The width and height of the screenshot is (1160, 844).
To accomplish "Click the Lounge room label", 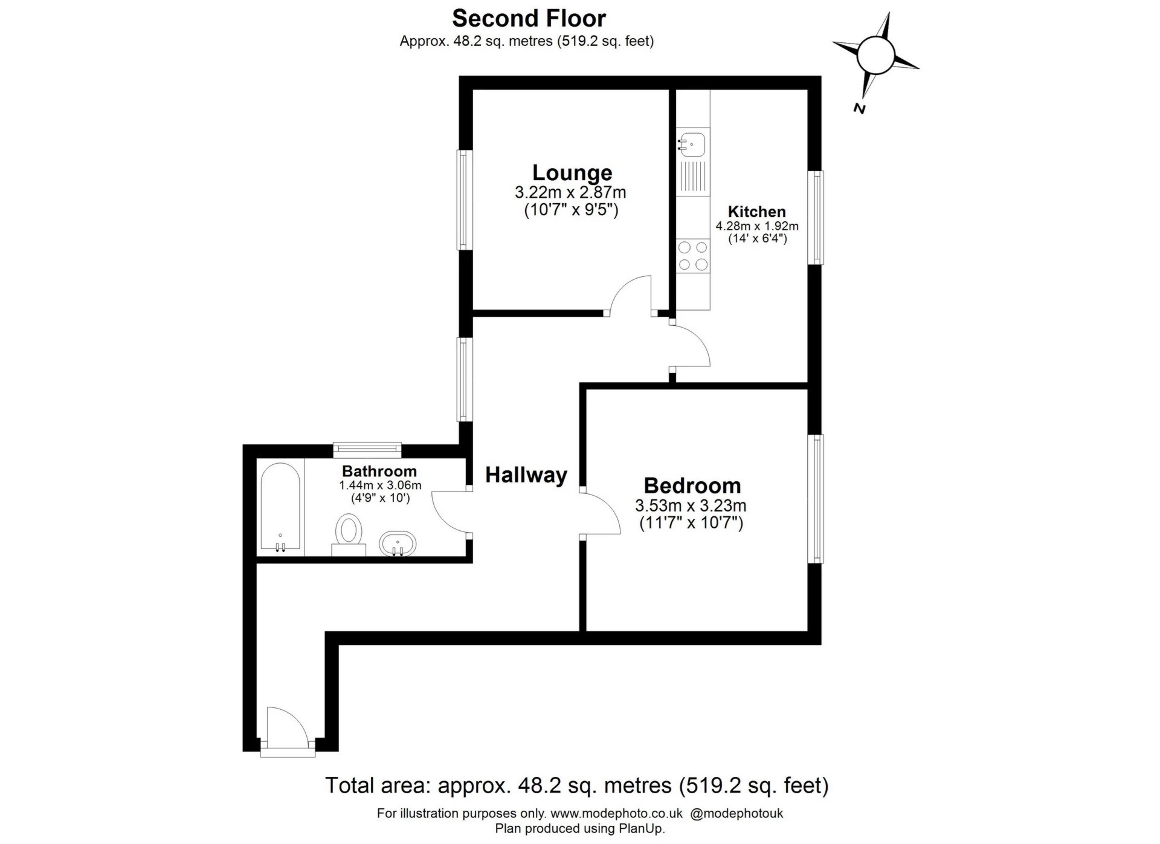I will coord(572,173).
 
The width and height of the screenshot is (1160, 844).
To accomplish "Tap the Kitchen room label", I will coord(756,212).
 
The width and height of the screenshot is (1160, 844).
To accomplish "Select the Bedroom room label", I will coord(692,485).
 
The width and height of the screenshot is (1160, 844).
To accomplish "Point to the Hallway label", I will coord(526,475).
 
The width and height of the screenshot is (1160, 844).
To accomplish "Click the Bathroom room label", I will coord(379,471).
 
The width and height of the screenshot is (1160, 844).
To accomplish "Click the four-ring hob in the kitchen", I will coord(693,256).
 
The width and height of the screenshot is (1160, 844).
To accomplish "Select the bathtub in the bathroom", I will coord(280,507).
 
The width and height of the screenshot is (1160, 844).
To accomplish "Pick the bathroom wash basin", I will coord(398,544).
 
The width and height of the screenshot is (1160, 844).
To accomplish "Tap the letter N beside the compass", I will coord(859,109).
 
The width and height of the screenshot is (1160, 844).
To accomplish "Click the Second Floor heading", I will coord(529,19).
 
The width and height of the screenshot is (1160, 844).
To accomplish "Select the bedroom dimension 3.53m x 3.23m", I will coord(691,505).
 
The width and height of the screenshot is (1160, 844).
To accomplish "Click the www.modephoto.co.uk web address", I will coord(616,813).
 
